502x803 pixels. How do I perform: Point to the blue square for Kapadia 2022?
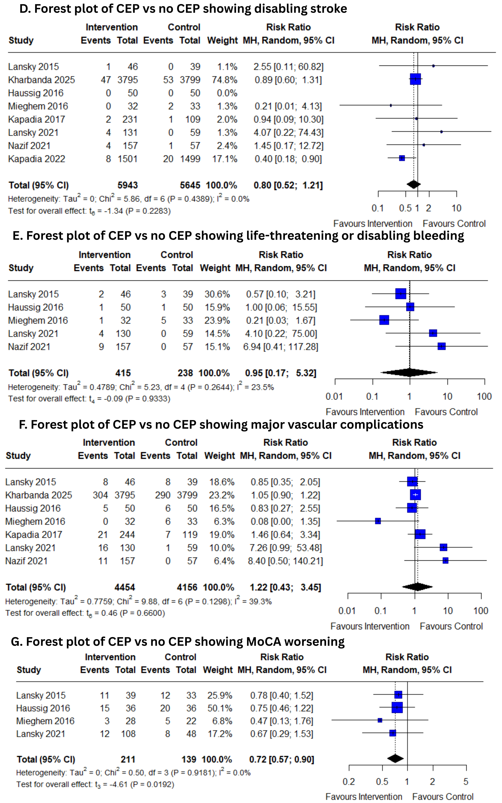(402, 158)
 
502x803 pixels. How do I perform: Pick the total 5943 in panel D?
(127, 185)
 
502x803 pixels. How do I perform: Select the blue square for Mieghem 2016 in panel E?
(384, 320)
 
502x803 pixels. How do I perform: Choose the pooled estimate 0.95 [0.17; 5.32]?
(280, 373)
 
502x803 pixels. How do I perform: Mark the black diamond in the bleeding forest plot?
(409, 372)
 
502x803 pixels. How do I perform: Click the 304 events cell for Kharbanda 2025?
(100, 495)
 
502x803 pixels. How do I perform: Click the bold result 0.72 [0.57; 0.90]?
(282, 759)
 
